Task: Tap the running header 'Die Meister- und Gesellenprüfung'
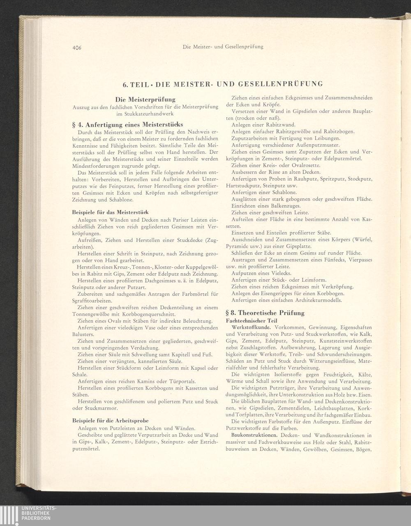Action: click(x=222, y=47)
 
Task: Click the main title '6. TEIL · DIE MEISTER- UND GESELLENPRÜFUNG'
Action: click(x=222, y=84)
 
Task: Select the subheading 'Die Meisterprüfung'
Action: click(x=145, y=100)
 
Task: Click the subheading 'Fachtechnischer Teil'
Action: click(x=252, y=320)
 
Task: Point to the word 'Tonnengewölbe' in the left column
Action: click(x=91, y=314)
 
